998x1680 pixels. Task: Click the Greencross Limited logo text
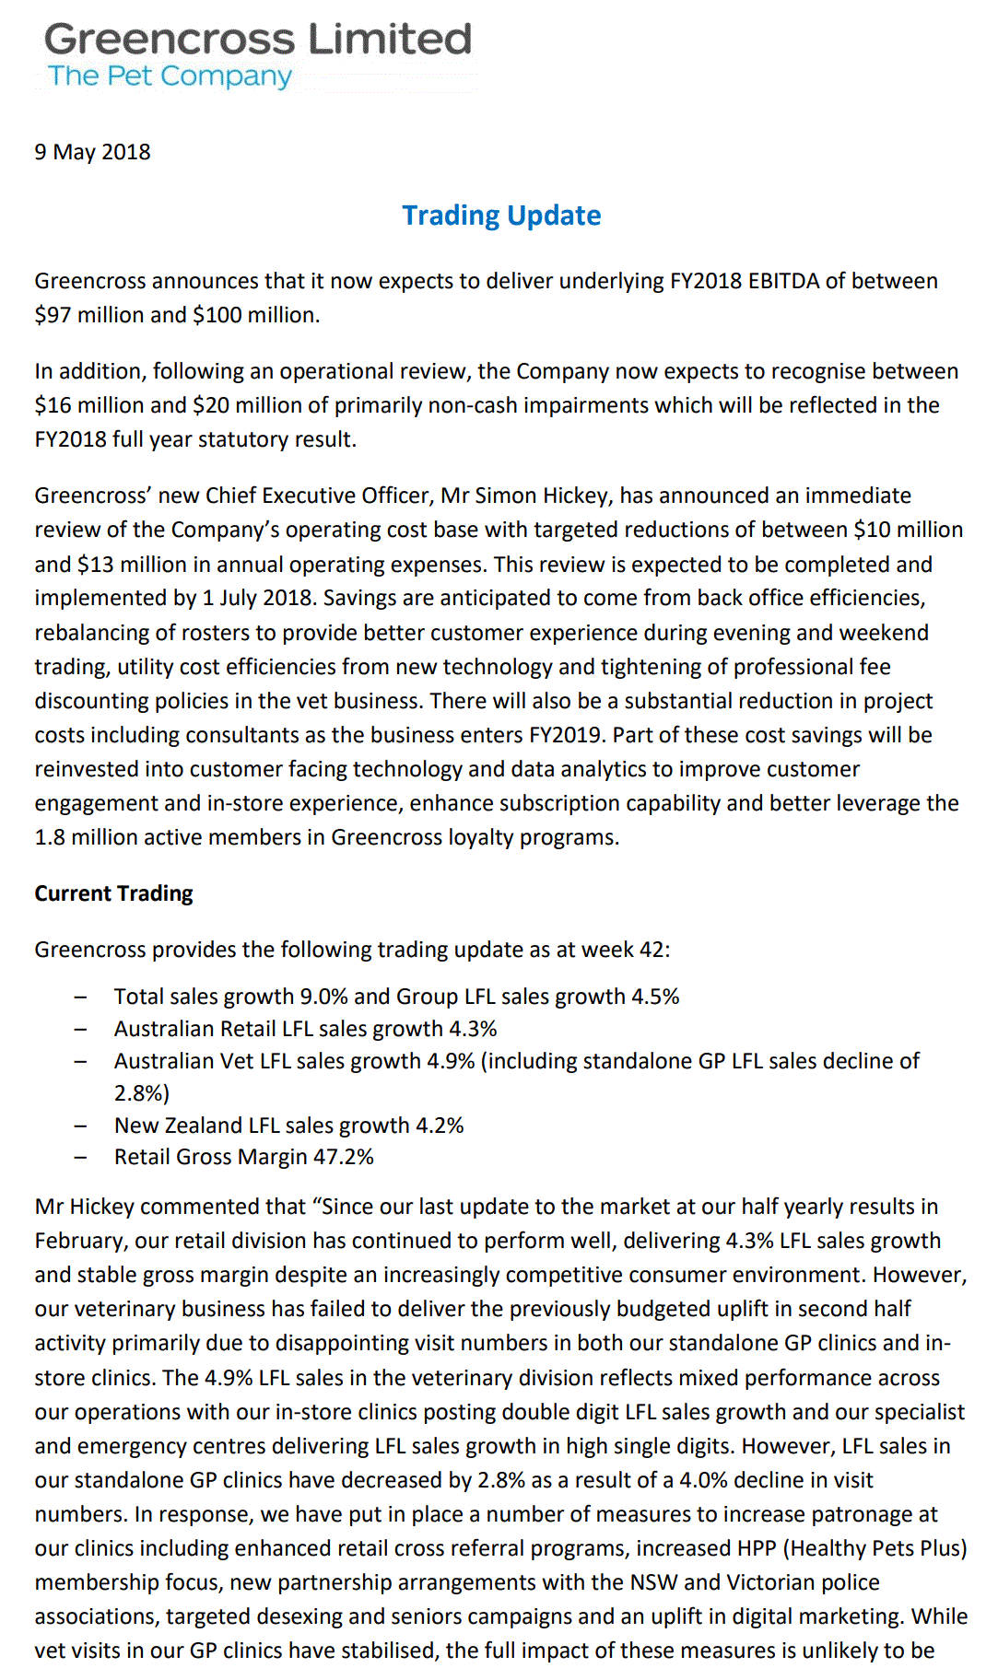[x=258, y=40]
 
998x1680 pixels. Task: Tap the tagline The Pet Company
[x=170, y=76]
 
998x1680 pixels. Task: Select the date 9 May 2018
[x=92, y=152]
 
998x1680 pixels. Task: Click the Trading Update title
[x=501, y=216]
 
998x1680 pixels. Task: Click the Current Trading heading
[x=114, y=893]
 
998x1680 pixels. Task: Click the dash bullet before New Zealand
[x=81, y=1126]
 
